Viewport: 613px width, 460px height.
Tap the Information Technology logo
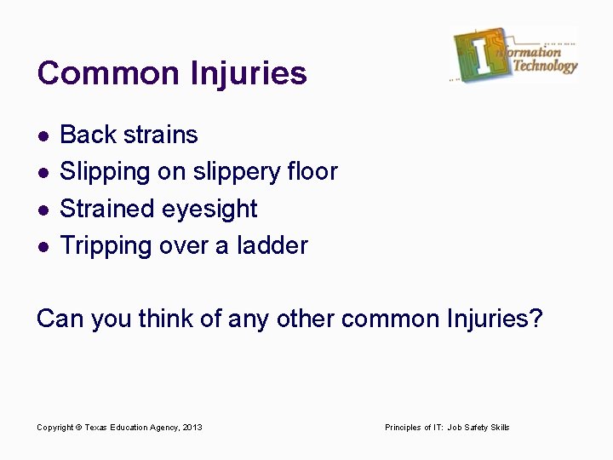tap(514, 55)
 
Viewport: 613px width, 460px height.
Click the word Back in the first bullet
tap(89, 135)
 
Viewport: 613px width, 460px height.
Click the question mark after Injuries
tap(535, 319)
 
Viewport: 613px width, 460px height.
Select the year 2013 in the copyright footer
tap(192, 427)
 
